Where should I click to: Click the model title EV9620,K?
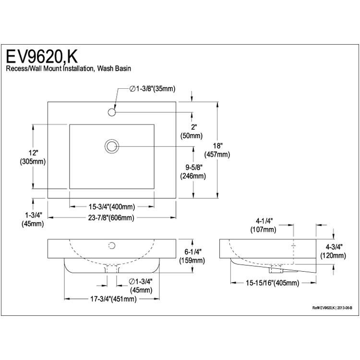[x=42, y=57]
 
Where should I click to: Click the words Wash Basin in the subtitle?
[x=114, y=69]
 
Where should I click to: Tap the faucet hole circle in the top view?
[x=111, y=112]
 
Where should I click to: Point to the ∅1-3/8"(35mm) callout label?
[x=153, y=89]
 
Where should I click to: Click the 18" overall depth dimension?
[x=217, y=150]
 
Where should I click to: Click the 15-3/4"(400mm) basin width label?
[x=112, y=207]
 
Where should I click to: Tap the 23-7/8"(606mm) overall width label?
[x=111, y=217]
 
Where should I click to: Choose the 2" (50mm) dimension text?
[x=192, y=132]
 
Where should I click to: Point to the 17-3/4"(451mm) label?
[x=113, y=299]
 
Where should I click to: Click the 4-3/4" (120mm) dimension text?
[x=333, y=252]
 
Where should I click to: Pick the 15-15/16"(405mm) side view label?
[x=273, y=283]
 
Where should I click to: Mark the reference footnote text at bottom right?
[x=332, y=308]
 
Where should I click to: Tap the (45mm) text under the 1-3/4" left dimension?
[x=33, y=224]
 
